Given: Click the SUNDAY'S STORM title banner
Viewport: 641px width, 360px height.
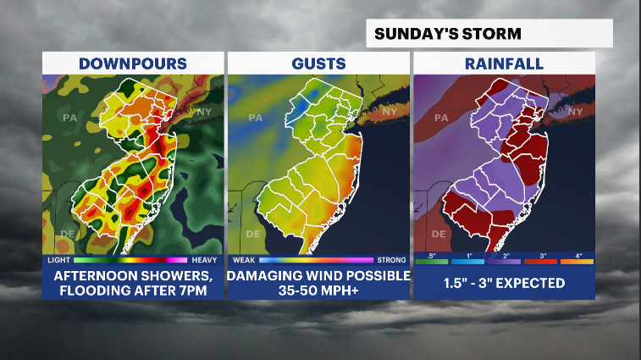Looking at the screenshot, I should pyautogui.click(x=448, y=34).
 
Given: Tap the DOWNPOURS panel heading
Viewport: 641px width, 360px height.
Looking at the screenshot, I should pyautogui.click(x=133, y=64).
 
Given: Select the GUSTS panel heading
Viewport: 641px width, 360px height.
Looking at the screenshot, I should pyautogui.click(x=318, y=64).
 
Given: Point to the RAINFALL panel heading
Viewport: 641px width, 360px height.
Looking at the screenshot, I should pyautogui.click(x=504, y=64).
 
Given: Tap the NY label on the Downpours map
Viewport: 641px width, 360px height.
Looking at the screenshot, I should pyautogui.click(x=204, y=112).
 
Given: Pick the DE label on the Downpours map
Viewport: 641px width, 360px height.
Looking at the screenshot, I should pyautogui.click(x=67, y=233).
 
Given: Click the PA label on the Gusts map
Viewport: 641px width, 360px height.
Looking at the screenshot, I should pyautogui.click(x=255, y=118).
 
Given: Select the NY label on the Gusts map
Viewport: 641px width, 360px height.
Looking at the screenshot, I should pyautogui.click(x=390, y=112).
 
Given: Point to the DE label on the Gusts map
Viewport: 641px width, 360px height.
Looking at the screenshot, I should pyautogui.click(x=252, y=233).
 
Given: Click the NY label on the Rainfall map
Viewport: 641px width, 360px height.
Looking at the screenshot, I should pyautogui.click(x=575, y=112).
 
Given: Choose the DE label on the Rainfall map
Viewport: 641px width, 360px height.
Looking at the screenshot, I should pyautogui.click(x=438, y=233).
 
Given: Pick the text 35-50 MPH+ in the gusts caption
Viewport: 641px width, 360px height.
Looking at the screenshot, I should pyautogui.click(x=318, y=290).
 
